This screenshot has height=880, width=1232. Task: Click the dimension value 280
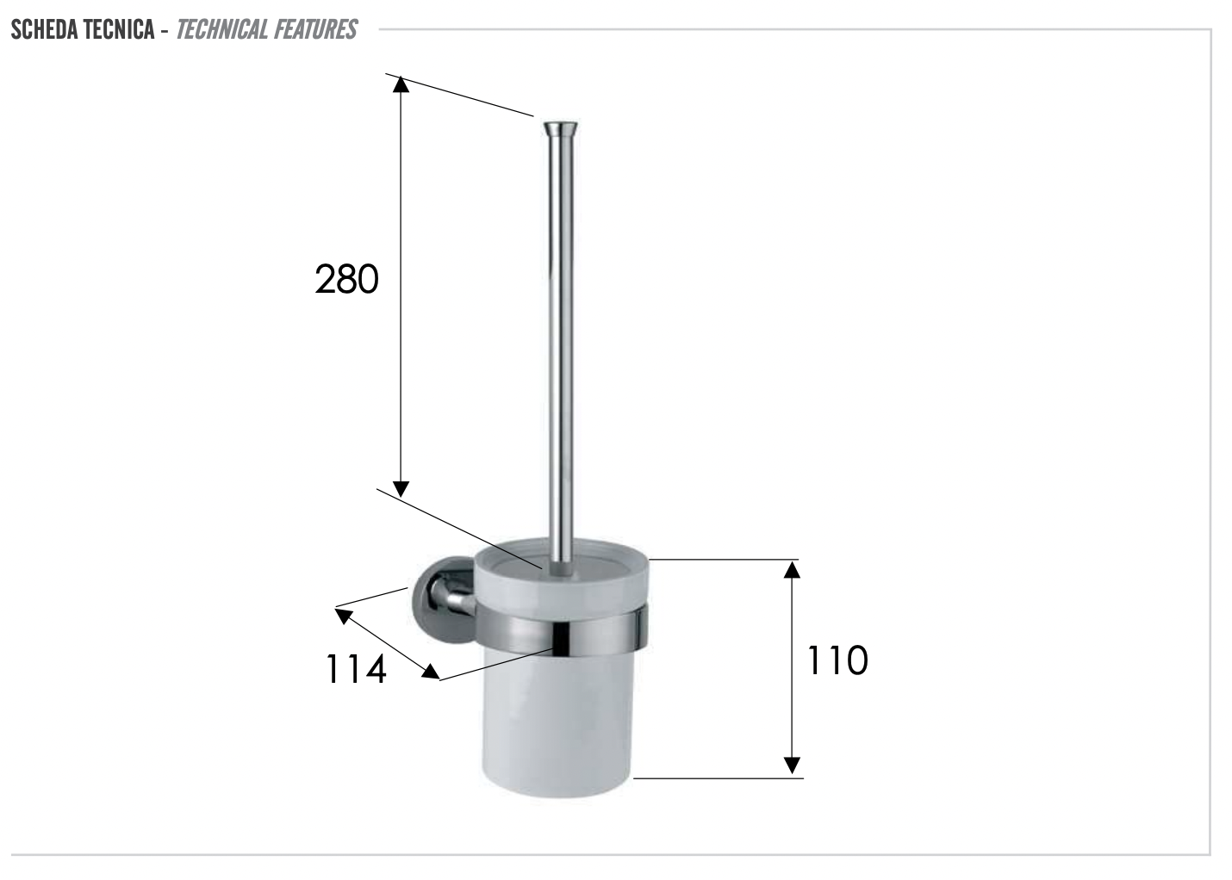346,279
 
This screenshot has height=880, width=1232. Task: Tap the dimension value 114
356,670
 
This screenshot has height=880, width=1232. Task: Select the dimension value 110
837,660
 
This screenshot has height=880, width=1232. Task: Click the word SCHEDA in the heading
45,29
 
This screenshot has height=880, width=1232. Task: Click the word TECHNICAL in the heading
222,29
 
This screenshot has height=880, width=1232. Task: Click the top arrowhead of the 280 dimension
401,84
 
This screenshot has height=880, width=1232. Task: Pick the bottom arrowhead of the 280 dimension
401,488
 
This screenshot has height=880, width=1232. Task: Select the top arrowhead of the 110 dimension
792,569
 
